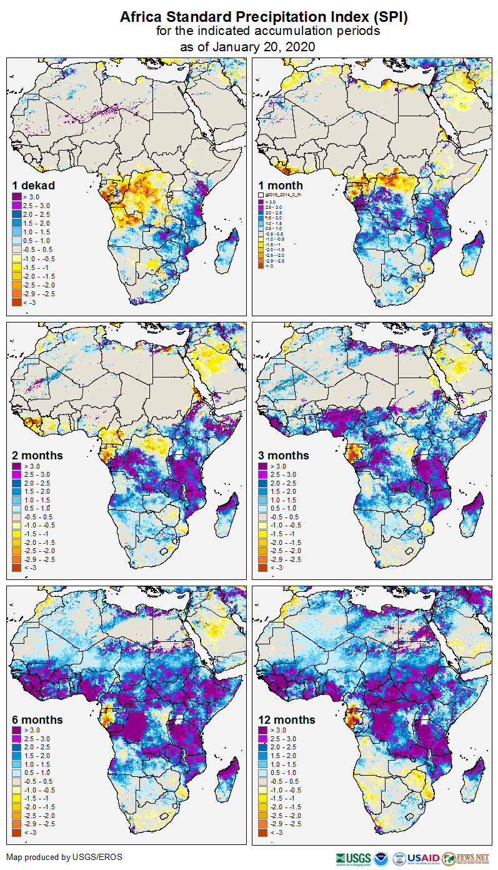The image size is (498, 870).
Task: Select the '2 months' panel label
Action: coord(37,455)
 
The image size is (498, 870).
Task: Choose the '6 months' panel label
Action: coord(37,719)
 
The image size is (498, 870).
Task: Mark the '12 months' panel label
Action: coord(287,719)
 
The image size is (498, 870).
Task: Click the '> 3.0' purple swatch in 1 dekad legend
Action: coord(16,197)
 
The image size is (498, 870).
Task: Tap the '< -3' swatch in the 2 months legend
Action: coord(16,567)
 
